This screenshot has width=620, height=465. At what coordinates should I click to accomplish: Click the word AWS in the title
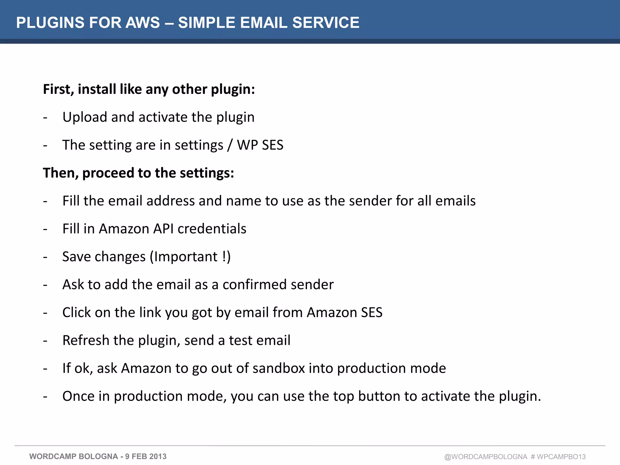[x=143, y=23]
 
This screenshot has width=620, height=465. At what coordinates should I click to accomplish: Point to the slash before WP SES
[x=230, y=145]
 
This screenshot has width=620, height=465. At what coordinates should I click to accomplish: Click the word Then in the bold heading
[x=61, y=173]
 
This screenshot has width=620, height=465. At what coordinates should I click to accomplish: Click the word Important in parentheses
[x=186, y=257]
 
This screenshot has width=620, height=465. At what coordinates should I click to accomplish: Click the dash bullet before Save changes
[x=45, y=257]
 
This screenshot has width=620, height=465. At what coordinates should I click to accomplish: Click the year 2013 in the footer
[x=158, y=457]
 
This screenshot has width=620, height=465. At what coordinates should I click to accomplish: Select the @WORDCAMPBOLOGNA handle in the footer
[x=486, y=457]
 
